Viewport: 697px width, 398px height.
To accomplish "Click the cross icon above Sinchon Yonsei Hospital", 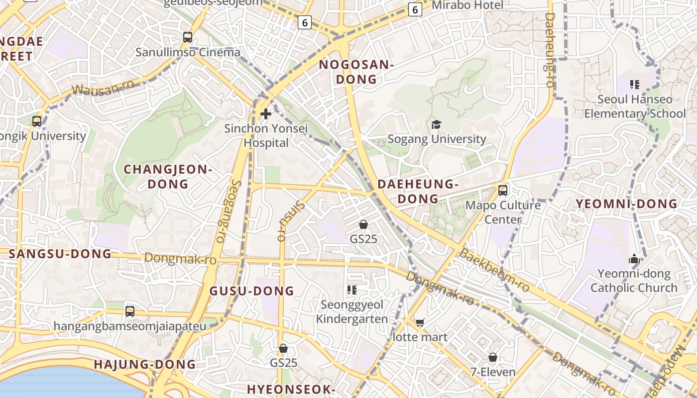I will (x=266, y=114).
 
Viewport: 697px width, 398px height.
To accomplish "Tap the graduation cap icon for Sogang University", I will (x=436, y=124).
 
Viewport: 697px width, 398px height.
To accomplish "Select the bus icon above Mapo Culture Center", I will (x=502, y=190).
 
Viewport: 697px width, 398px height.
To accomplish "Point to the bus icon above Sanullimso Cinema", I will (x=188, y=37).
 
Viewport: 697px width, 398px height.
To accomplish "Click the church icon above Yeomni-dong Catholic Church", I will (x=634, y=259).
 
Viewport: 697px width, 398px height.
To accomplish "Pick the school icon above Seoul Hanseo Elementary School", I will (x=634, y=84).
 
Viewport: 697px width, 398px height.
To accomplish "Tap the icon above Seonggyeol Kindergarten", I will (x=352, y=290).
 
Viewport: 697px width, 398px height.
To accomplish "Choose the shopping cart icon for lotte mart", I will (x=420, y=322).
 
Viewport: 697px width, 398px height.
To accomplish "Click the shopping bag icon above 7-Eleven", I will (x=492, y=357).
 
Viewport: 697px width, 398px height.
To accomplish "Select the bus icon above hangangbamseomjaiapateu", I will (x=130, y=311).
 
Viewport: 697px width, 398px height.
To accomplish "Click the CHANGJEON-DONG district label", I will (x=168, y=176).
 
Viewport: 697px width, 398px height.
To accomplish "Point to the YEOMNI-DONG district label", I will (x=626, y=203).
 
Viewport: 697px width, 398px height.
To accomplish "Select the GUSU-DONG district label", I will (x=251, y=291).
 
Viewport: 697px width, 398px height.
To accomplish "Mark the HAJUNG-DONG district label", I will (x=145, y=365).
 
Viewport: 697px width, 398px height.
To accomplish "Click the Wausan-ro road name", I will (x=103, y=88).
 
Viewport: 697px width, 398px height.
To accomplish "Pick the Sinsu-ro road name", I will (x=289, y=220).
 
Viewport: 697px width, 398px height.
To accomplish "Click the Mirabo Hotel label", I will (x=467, y=5).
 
